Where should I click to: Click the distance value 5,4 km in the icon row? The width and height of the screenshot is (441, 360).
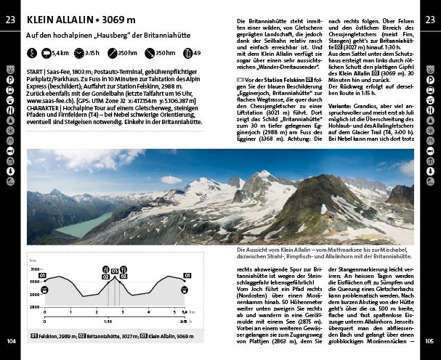(x=60, y=53)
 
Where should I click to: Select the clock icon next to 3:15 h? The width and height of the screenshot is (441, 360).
(x=79, y=53)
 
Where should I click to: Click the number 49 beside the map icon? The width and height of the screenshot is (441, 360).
(x=197, y=53)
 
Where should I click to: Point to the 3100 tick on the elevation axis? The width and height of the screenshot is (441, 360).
(x=34, y=269)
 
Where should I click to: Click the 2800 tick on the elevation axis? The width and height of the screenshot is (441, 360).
(x=34, y=307)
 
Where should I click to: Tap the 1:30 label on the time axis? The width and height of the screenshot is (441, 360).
(x=107, y=320)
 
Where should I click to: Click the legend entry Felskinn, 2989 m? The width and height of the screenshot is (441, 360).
(x=55, y=337)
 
